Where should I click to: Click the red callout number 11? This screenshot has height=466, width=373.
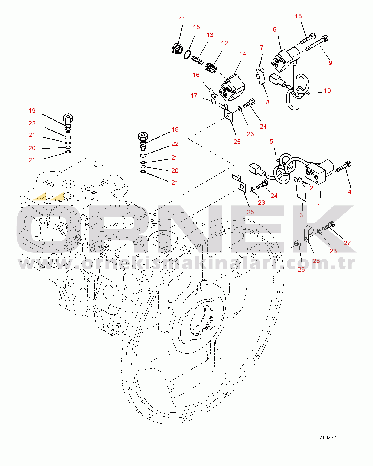(x=182, y=19)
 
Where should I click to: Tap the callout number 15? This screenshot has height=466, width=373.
(x=196, y=27)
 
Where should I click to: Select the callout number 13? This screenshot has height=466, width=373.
(x=210, y=35)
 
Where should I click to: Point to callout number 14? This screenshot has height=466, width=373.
(x=243, y=54)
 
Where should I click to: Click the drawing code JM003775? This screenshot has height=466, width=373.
(x=328, y=438)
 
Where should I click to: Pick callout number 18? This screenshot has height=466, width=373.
(x=298, y=16)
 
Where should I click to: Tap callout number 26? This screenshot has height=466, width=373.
(x=301, y=269)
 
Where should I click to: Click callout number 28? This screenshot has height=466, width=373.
(x=316, y=261)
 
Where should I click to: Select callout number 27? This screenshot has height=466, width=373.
(x=347, y=243)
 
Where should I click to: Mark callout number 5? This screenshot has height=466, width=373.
(x=271, y=142)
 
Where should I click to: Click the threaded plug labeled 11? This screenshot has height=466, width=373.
(x=177, y=48)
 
